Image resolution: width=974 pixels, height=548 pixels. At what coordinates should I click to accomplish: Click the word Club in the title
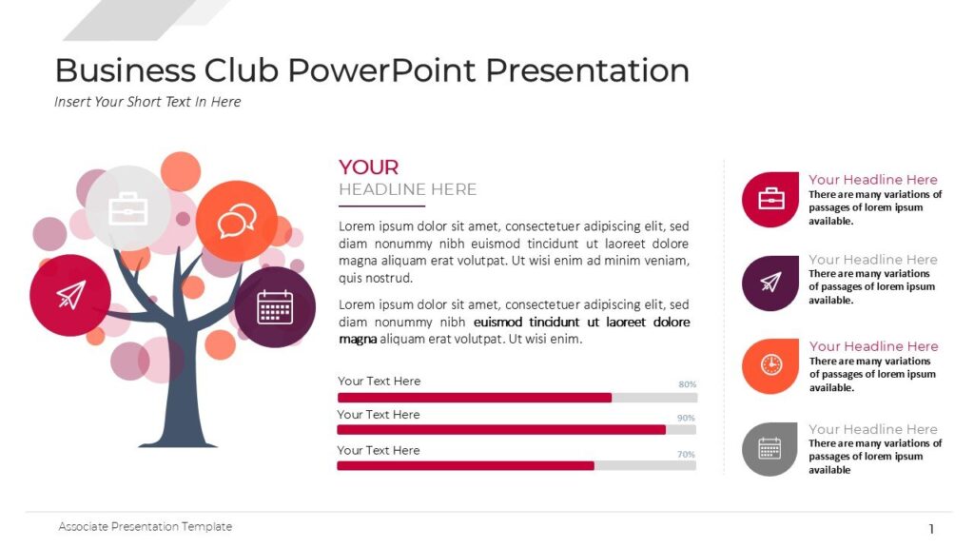pyautogui.click(x=240, y=70)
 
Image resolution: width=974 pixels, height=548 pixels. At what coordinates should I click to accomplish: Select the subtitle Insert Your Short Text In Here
pyautogui.click(x=147, y=102)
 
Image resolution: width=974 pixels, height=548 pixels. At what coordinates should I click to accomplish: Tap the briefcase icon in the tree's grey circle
pyautogui.click(x=128, y=208)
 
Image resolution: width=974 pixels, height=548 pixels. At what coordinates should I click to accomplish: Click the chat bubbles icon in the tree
pyautogui.click(x=236, y=222)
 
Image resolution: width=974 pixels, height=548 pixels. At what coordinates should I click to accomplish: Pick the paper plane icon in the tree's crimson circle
pyautogui.click(x=70, y=295)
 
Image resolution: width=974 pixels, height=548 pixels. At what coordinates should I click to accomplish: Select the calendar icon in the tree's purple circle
pyautogui.click(x=275, y=307)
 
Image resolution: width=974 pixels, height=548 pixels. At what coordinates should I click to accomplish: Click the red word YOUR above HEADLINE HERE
pyautogui.click(x=369, y=167)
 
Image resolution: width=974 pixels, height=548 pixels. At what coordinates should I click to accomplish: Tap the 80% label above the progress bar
pyautogui.click(x=687, y=384)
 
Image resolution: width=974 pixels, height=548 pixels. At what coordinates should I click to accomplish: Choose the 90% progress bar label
pyautogui.click(x=686, y=418)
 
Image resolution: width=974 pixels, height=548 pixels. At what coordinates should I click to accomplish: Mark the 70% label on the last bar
pyautogui.click(x=686, y=454)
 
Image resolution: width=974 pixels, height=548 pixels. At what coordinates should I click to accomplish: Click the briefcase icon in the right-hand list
pyautogui.click(x=770, y=199)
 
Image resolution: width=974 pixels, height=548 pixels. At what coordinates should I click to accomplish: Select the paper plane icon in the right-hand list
pyautogui.click(x=770, y=283)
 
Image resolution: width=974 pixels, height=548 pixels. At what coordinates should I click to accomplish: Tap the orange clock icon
pyautogui.click(x=770, y=365)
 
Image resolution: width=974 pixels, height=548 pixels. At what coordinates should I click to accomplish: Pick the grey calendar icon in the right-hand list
pyautogui.click(x=769, y=448)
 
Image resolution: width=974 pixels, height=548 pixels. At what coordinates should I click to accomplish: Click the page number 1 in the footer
pyautogui.click(x=931, y=529)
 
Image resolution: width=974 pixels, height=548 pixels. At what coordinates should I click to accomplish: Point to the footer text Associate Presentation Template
pyautogui.click(x=146, y=526)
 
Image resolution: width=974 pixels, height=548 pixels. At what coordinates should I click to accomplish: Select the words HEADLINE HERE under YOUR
pyautogui.click(x=407, y=189)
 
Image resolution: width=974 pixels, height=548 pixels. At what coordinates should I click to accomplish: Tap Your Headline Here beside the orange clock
pyautogui.click(x=873, y=346)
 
